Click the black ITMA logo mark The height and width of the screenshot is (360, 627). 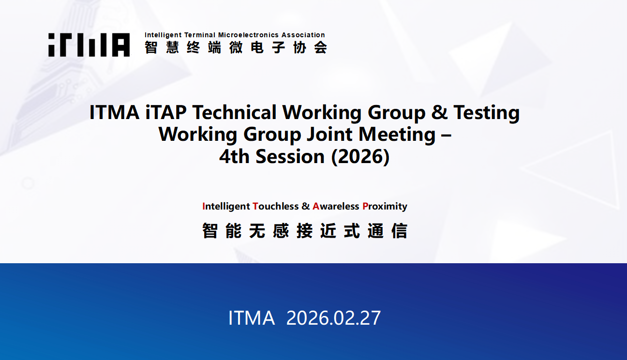point(89,45)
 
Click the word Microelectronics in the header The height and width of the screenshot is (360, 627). point(248,35)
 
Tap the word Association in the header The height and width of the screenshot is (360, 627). point(303,35)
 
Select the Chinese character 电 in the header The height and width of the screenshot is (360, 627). point(257,47)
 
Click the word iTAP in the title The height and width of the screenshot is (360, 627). point(166,112)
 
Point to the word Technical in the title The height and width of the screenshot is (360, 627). point(234,112)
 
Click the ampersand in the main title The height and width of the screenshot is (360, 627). point(439,112)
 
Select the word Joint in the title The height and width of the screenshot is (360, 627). point(329,135)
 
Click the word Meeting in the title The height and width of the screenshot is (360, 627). point(397,135)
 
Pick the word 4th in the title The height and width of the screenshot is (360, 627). point(234,156)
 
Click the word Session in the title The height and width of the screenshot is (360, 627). point(290,156)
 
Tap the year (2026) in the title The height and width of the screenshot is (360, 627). point(360,156)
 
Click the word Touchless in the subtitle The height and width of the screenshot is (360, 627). point(276,206)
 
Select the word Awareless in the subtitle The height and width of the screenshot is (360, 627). point(336,206)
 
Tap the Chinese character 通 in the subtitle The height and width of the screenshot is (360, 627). point(375,231)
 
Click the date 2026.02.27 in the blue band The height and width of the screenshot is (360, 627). point(333,318)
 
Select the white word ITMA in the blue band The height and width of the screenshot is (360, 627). point(252,318)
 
